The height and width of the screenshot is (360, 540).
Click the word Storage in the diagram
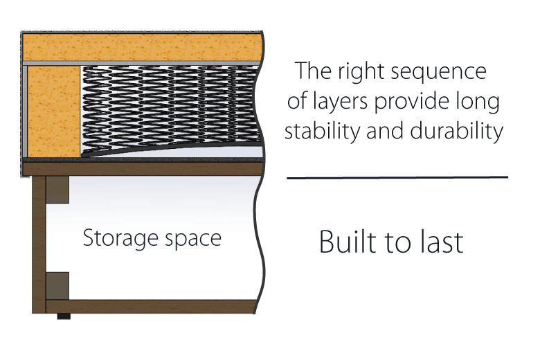(x=120, y=238)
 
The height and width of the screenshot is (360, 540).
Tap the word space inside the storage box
(x=193, y=240)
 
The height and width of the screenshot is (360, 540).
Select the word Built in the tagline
(x=348, y=242)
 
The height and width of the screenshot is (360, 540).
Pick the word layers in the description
(x=340, y=102)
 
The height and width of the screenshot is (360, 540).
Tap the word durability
(x=457, y=132)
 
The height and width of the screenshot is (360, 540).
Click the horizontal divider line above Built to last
(x=397, y=177)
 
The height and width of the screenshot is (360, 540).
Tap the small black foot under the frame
(x=64, y=316)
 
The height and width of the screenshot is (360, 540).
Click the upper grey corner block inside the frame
(x=57, y=190)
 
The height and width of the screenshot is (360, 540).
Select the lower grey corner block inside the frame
(x=57, y=286)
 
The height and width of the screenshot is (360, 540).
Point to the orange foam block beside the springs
(x=54, y=111)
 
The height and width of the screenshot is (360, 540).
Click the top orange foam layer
(x=142, y=48)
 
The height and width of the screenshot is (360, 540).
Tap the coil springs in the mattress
(x=170, y=108)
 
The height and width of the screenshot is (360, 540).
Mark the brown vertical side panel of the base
(x=39, y=244)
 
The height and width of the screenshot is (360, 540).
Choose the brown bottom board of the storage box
(x=151, y=306)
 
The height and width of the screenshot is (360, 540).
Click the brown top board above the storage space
(x=143, y=169)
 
